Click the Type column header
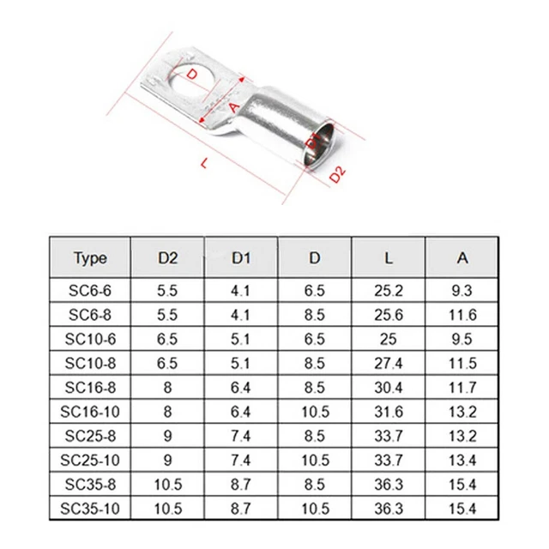click(90, 258)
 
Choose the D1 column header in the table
click(241, 258)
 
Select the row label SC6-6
click(90, 291)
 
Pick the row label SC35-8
click(90, 485)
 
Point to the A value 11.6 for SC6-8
click(462, 316)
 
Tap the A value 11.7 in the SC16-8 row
click(462, 387)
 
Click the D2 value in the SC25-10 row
click(168, 460)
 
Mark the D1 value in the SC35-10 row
click(241, 509)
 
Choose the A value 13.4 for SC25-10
click(462, 460)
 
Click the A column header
click(462, 258)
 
